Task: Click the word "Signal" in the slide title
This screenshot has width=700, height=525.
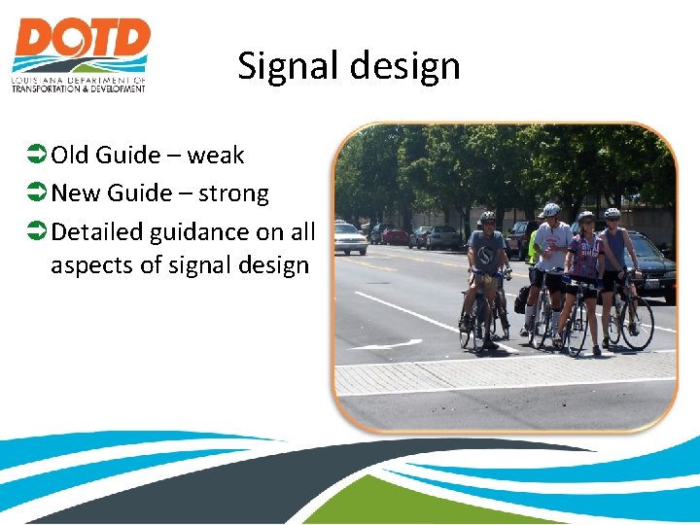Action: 288,66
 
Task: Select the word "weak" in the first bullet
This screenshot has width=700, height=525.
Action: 216,155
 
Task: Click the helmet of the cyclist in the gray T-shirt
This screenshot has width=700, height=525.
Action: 487,217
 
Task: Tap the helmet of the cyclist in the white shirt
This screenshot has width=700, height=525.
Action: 551,209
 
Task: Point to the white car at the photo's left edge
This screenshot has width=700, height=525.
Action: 349,237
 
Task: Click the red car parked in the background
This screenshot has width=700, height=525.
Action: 395,235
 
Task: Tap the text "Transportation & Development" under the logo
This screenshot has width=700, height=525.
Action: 78,88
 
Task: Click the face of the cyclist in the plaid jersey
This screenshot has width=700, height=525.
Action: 585,226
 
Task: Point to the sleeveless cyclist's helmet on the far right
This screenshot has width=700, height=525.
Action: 612,213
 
